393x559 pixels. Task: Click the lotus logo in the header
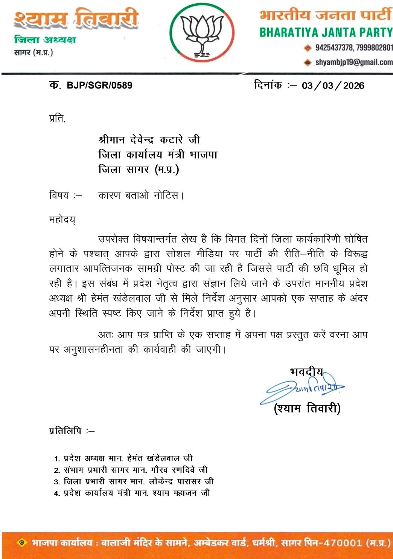pos(202,33)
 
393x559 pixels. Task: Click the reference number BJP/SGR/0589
pos(99,85)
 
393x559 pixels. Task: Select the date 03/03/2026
pos(333,86)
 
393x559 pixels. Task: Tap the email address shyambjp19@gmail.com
pos(354,62)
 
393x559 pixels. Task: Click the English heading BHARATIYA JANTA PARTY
pos(326,32)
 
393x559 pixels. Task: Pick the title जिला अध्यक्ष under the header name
pos(45,40)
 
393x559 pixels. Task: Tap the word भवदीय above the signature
pos(306,372)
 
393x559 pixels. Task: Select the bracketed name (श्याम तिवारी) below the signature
pos(307,408)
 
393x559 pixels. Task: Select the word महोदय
pos(62,219)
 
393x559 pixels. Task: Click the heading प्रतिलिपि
pos(65,431)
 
